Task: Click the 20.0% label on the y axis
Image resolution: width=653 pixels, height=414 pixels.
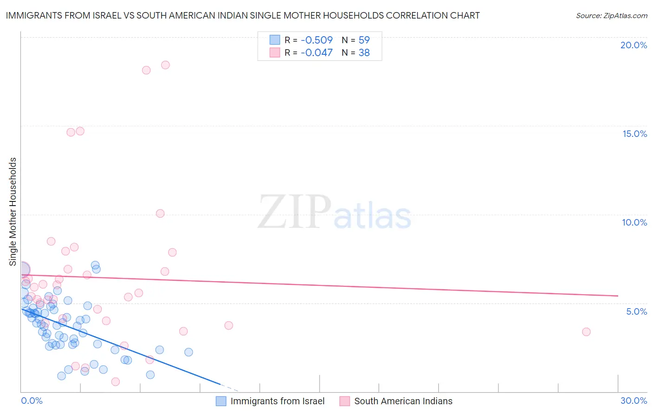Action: pyautogui.click(x=633, y=45)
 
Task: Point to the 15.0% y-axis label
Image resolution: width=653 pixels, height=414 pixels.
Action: pyautogui.click(x=634, y=134)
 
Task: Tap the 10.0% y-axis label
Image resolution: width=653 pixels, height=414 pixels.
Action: pyautogui.click(x=634, y=222)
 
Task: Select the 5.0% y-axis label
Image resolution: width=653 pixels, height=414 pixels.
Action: pyautogui.click(x=636, y=311)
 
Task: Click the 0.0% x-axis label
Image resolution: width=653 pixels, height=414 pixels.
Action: pyautogui.click(x=32, y=401)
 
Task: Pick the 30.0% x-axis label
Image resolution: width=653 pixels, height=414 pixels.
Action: pyautogui.click(x=633, y=401)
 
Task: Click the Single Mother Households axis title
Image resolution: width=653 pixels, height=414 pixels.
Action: pyautogui.click(x=13, y=212)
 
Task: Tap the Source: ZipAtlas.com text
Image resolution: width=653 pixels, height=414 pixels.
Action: pyautogui.click(x=611, y=16)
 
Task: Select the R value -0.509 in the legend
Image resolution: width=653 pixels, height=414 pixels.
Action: pyautogui.click(x=316, y=40)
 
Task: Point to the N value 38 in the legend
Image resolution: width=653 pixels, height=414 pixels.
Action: pyautogui.click(x=364, y=53)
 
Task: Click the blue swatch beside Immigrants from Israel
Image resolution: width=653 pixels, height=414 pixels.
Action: pyautogui.click(x=221, y=401)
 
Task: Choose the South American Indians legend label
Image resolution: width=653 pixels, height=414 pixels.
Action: pyautogui.click(x=403, y=401)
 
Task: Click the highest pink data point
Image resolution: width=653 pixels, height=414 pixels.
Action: pyautogui.click(x=165, y=65)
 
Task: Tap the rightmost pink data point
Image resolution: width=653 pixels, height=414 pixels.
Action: pyautogui.click(x=586, y=332)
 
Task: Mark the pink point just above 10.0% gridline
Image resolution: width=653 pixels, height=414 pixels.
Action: pyautogui.click(x=160, y=213)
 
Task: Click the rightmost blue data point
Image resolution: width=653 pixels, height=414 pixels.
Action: pyautogui.click(x=189, y=352)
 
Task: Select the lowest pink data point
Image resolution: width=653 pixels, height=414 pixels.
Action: pyautogui.click(x=116, y=382)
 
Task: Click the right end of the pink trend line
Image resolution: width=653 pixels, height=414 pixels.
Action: pyautogui.click(x=618, y=296)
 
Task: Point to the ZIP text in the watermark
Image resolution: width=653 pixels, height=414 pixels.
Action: pyautogui.click(x=294, y=212)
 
